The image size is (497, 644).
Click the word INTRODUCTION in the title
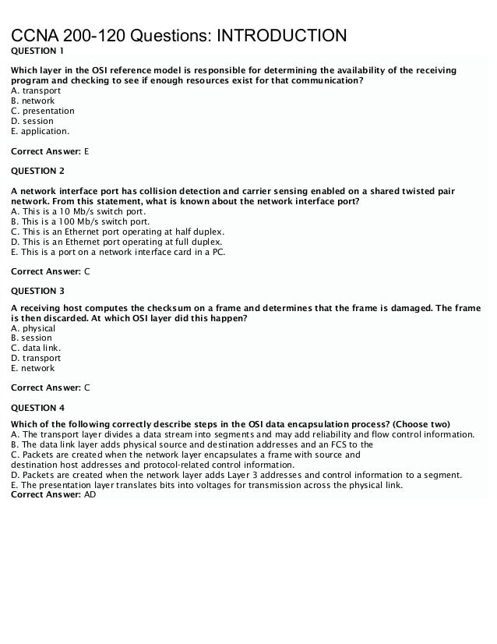281,36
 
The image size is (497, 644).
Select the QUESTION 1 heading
37,51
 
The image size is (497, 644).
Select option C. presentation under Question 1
43,111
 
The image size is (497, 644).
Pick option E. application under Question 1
41,131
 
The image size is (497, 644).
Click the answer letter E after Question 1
86,151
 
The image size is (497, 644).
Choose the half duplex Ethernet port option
117,232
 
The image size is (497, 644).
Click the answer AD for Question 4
90,494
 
